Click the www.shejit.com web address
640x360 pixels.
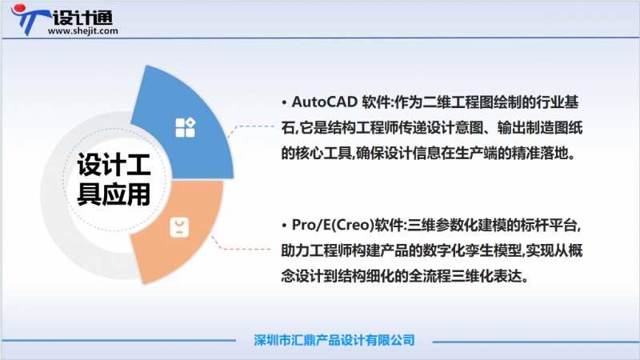tap(83, 31)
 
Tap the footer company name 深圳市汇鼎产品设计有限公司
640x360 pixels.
tap(334, 339)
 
